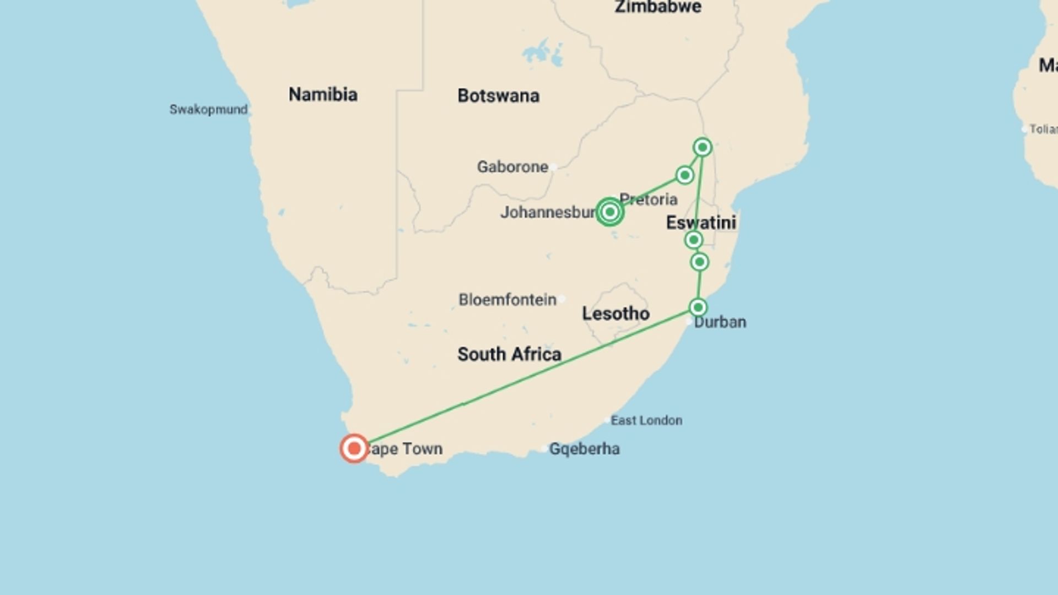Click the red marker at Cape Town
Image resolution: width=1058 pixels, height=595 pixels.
point(354,448)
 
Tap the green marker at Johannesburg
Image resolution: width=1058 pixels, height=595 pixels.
point(609,212)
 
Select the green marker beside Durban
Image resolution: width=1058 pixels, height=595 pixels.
point(698,307)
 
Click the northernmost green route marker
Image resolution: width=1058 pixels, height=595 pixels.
point(702,147)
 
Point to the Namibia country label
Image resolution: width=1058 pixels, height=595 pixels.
point(323,95)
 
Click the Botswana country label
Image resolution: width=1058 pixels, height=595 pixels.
point(498,96)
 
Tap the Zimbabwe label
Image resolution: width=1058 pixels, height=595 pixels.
point(658,7)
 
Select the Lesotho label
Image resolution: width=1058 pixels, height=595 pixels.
point(616,313)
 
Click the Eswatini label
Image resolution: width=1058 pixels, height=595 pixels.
point(701,223)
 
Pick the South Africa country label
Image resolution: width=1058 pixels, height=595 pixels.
point(509,354)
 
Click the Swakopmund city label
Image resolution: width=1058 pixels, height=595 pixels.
point(208,110)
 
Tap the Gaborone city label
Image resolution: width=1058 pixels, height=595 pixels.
point(512,167)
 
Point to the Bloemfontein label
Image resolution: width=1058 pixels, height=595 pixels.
point(508,300)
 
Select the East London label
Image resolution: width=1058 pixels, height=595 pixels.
point(646,420)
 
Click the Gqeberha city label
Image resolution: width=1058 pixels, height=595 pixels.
point(584,449)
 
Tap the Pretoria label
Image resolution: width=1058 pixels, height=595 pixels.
point(649,199)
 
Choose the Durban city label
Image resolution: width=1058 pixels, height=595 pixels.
point(720,322)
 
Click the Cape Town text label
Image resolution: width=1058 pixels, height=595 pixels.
point(405,449)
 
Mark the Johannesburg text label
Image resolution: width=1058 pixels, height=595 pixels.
point(548,213)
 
